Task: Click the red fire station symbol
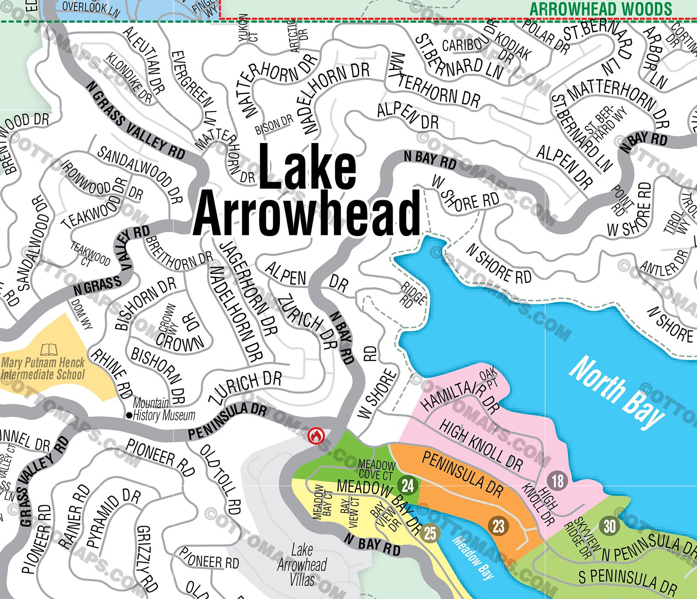point(316,436)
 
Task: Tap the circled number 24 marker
point(408,485)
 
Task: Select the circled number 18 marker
point(557,481)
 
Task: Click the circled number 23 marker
point(498,525)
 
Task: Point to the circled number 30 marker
point(610,525)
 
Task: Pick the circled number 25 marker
point(430,533)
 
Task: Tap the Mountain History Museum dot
point(128,415)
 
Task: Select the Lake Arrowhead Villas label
point(302,565)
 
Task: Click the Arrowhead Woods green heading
point(601,9)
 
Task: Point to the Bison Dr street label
point(274,125)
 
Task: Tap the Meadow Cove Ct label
point(376,469)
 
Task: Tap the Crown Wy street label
point(167,318)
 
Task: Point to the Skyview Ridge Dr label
point(579,537)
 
